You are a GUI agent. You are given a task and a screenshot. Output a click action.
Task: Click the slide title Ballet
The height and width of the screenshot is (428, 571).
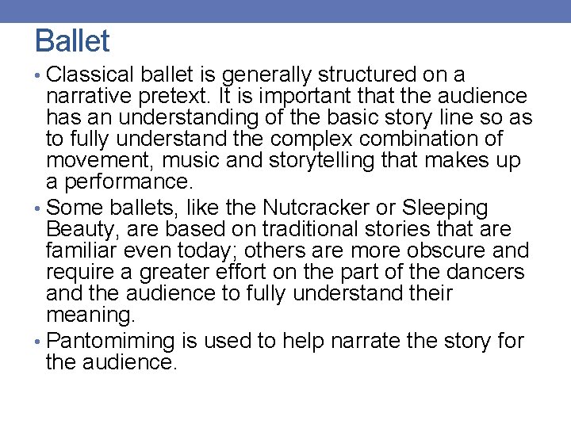pos(72,40)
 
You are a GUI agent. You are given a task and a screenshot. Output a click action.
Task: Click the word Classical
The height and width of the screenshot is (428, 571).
pos(92,75)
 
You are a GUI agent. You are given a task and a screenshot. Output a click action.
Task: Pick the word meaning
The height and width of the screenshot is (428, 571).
pos(90,315)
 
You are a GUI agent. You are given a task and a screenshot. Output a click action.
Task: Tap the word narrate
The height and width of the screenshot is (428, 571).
pos(358,342)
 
